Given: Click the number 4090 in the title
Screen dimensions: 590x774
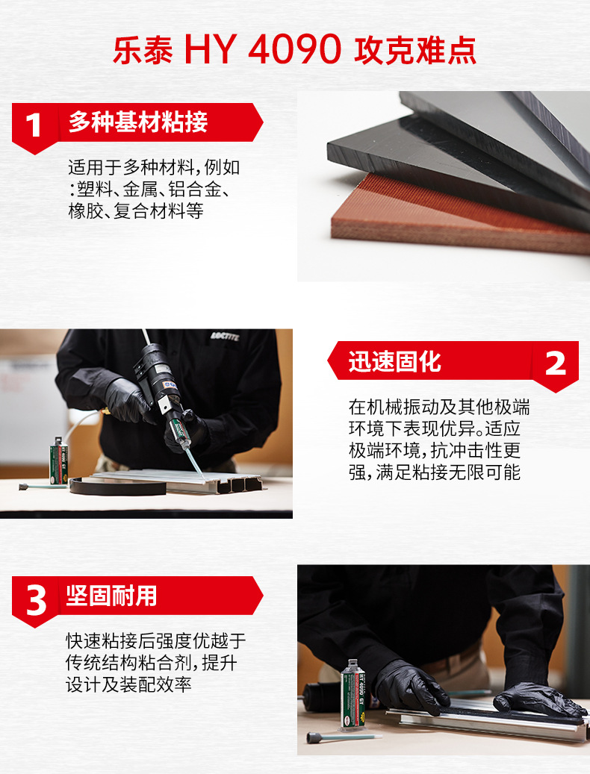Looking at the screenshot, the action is (294, 49).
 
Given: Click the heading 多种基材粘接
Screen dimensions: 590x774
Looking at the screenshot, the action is (137, 122).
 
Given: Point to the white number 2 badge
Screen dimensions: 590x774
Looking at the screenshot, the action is (556, 364).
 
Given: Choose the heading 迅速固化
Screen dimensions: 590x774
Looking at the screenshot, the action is (394, 362).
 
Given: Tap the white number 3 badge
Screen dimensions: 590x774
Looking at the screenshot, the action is (36, 601).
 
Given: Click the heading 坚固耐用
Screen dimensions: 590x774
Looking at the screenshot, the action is (111, 596).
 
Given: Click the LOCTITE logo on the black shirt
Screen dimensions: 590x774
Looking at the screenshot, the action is (225, 336).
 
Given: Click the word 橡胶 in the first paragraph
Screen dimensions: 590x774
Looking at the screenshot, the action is (86, 211).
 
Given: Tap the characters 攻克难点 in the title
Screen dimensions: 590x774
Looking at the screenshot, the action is (415, 50).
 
